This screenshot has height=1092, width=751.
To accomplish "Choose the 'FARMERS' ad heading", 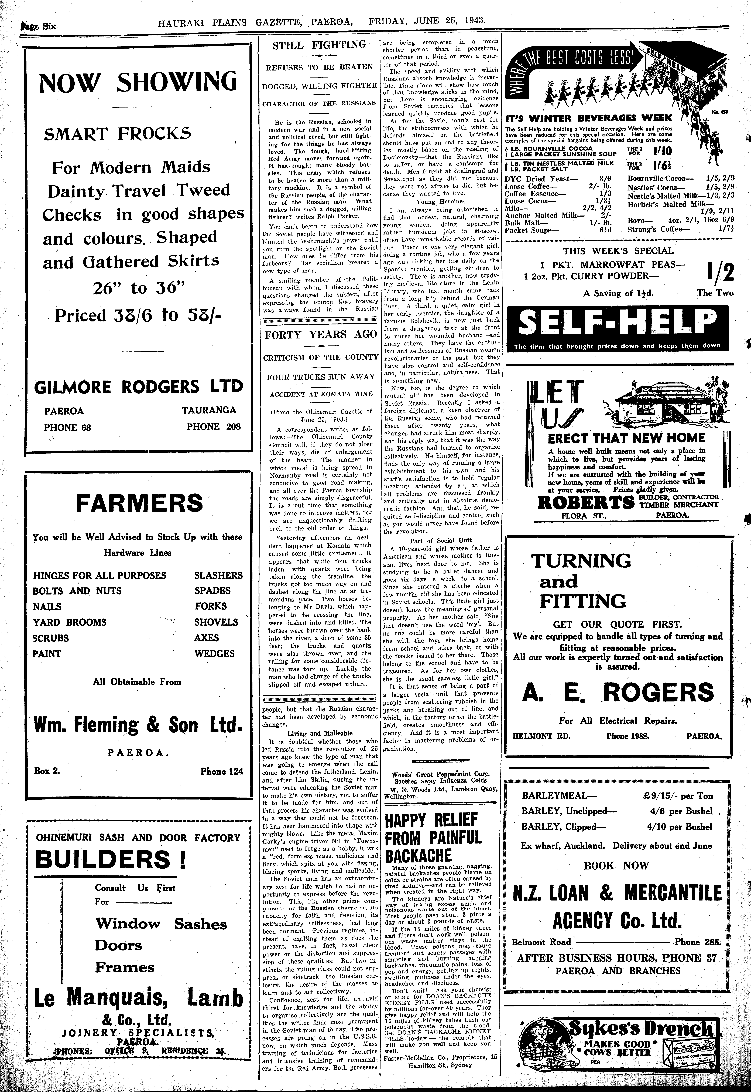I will [x=139, y=503].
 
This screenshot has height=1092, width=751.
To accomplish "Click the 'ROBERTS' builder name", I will [x=586, y=503].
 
